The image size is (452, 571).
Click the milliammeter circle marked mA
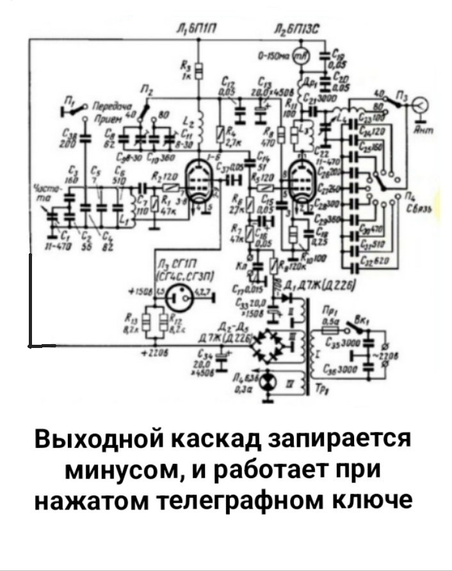299,57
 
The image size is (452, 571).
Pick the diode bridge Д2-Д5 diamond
268,345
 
